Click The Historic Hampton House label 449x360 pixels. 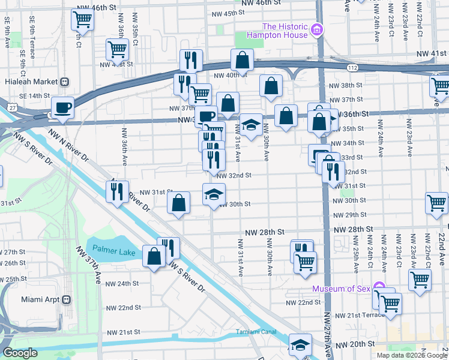285,31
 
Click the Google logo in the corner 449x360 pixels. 20,353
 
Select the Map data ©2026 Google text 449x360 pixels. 412,355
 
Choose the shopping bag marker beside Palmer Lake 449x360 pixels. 154,256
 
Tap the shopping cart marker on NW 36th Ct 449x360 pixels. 117,49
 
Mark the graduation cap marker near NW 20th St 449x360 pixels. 300,344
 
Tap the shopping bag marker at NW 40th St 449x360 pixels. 242,59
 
